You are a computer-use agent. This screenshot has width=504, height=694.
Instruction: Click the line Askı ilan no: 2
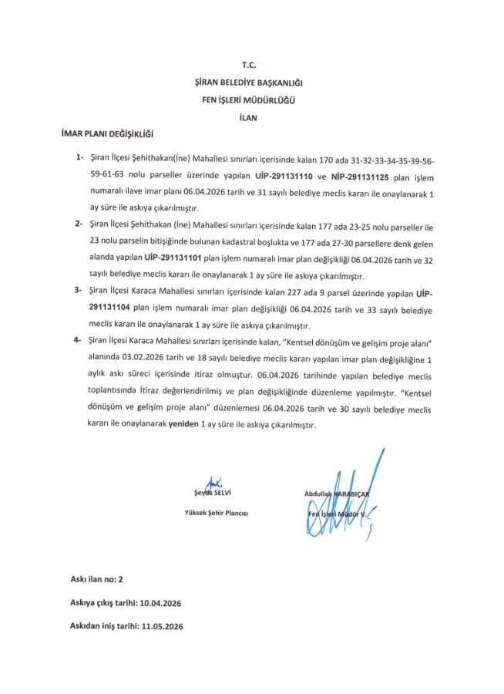coord(96,577)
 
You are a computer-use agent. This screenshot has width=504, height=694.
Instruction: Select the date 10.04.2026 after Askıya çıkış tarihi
coord(165,602)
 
